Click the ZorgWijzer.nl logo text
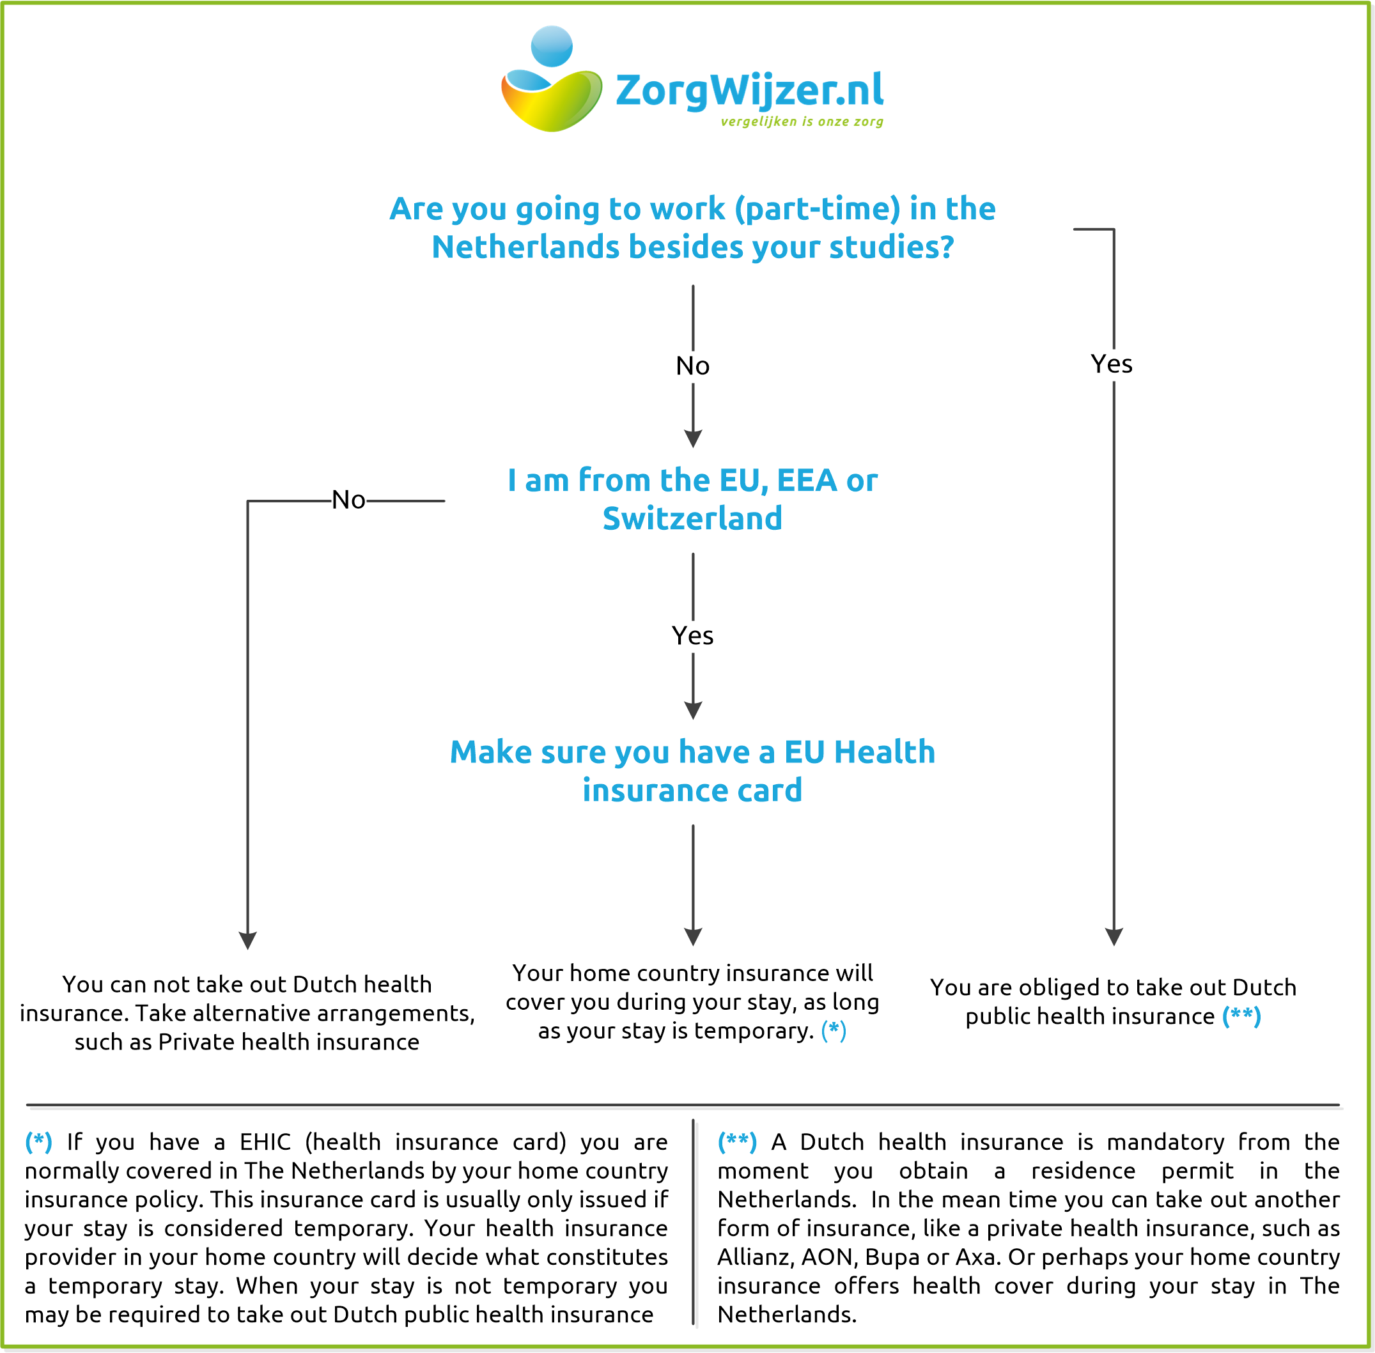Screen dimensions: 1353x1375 (x=749, y=90)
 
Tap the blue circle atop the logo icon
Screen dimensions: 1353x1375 (x=552, y=46)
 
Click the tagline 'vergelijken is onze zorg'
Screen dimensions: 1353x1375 (x=802, y=121)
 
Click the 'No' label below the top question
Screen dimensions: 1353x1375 (x=693, y=366)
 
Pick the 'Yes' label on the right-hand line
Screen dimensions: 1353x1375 (x=1112, y=364)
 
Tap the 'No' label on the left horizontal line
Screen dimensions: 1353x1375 (x=348, y=500)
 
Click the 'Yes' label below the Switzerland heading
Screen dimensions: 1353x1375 (x=693, y=635)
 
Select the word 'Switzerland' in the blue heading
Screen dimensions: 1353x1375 (x=693, y=518)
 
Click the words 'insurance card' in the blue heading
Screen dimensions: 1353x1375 (x=693, y=790)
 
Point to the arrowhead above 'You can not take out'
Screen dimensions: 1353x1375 (x=247, y=940)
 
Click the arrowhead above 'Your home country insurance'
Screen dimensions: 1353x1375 (x=693, y=936)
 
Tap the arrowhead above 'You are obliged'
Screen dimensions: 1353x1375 (x=1114, y=936)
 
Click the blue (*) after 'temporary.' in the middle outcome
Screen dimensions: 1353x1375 (x=834, y=1030)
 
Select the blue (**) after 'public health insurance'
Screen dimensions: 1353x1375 (x=1241, y=1016)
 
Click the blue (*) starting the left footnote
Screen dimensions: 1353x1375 (x=38, y=1142)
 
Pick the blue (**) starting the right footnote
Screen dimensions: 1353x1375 (x=737, y=1142)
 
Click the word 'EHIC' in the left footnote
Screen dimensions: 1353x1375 (x=265, y=1142)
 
